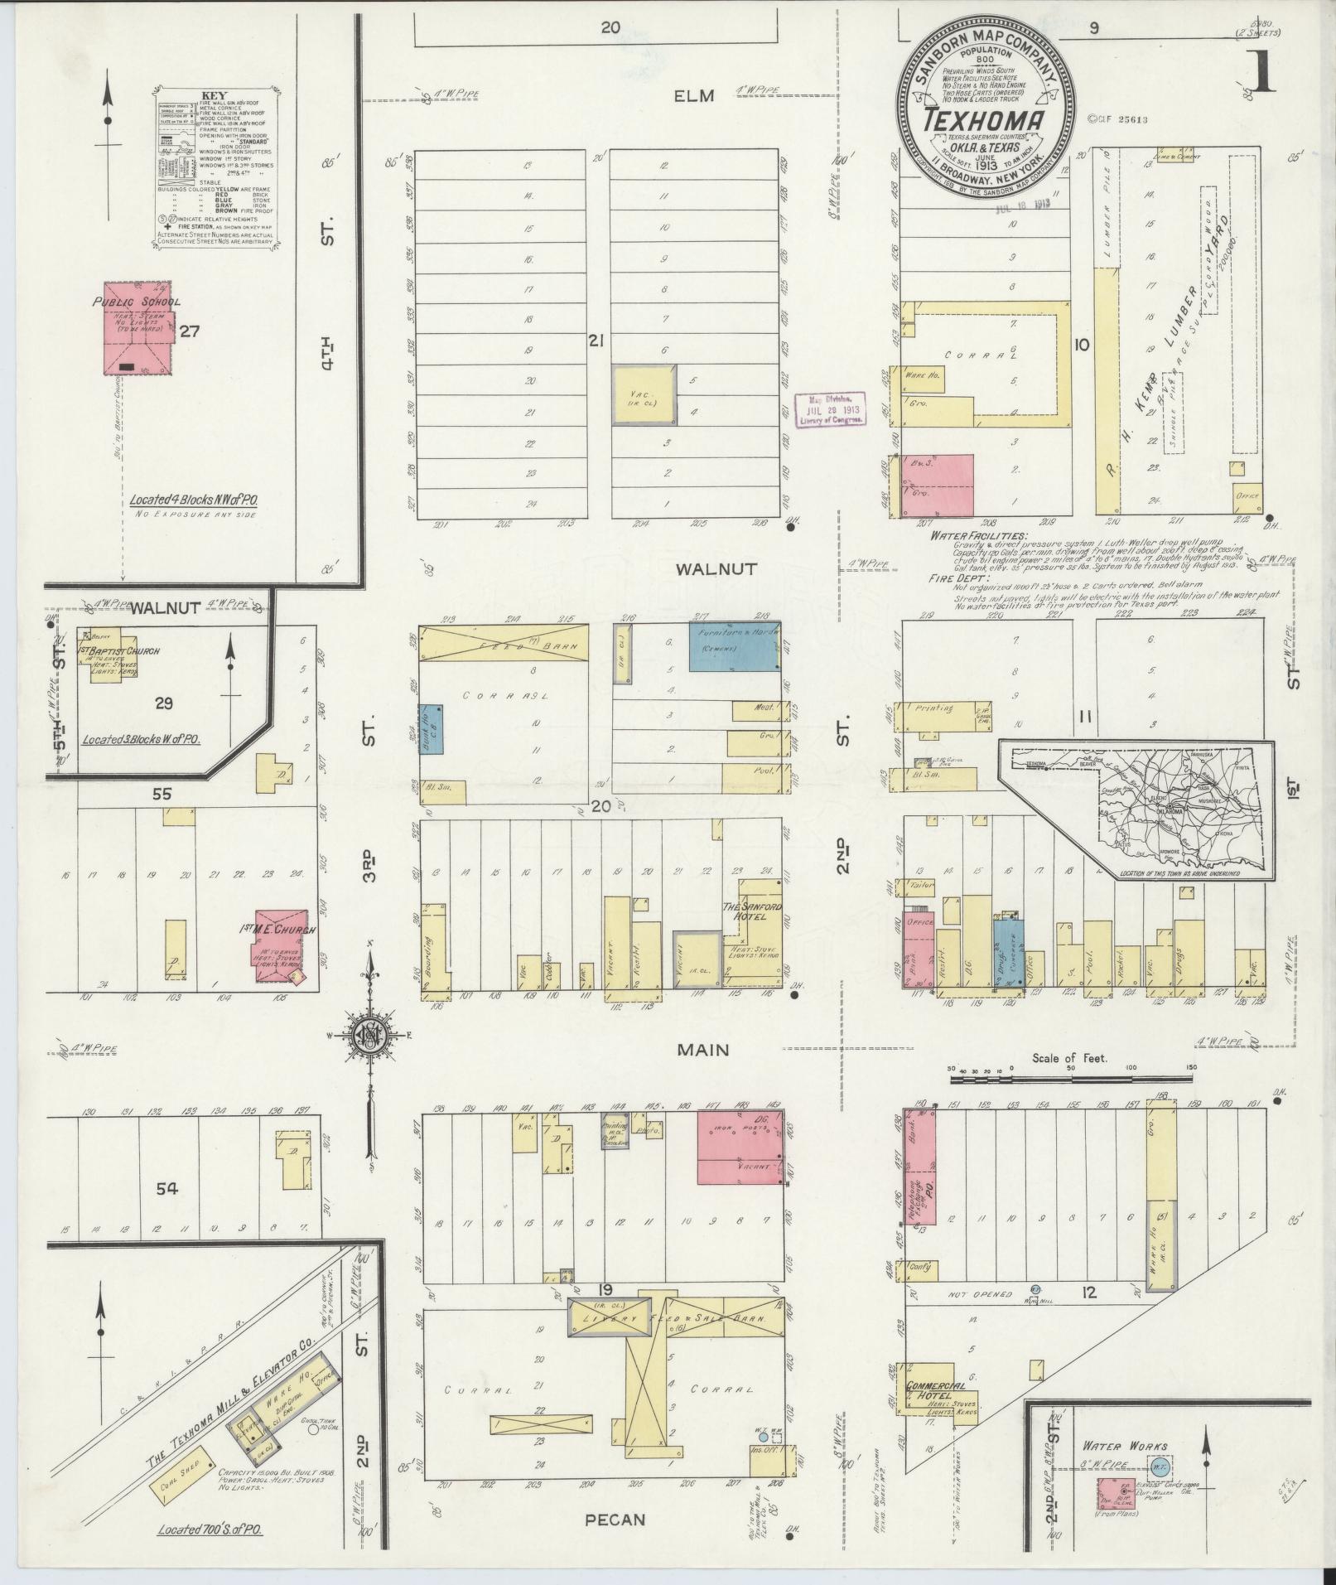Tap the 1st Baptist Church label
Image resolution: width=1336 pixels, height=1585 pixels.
pyautogui.click(x=120, y=651)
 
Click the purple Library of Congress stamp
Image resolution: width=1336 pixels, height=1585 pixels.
pyautogui.click(x=831, y=409)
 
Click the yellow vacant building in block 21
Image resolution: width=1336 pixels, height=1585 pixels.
pyautogui.click(x=644, y=395)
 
